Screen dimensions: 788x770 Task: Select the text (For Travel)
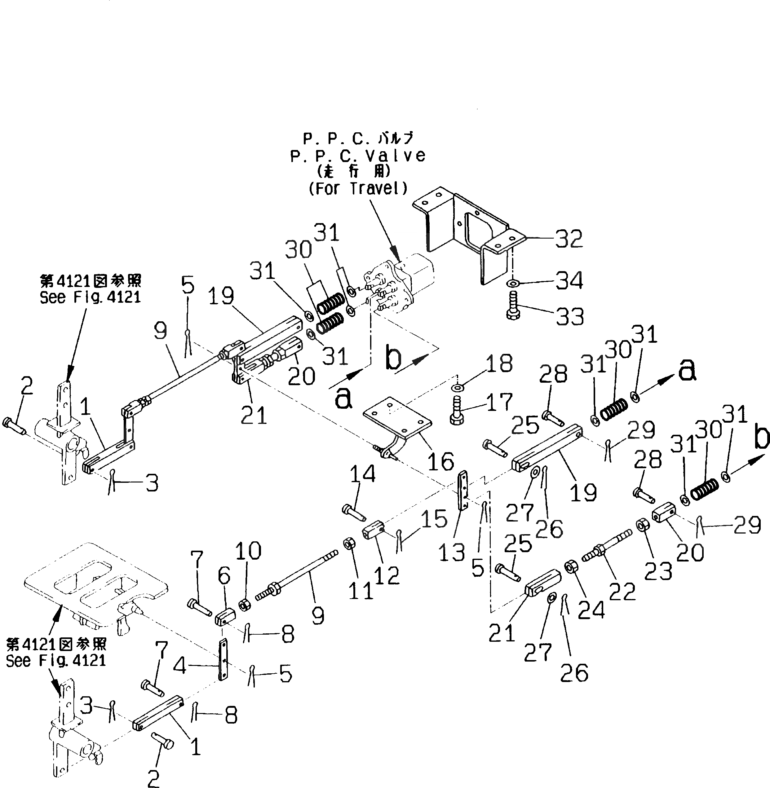coord(358,188)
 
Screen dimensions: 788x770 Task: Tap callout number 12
coord(386,574)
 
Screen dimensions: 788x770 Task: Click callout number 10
coord(248,551)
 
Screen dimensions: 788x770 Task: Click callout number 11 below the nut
coord(361,592)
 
